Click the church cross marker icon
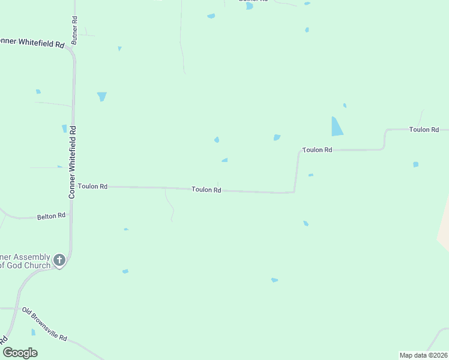[x=59, y=260]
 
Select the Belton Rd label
[x=51, y=215]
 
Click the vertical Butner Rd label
[x=75, y=28]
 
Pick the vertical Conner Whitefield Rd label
[x=72, y=162]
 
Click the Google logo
[x=20, y=352]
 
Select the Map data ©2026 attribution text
[x=423, y=355]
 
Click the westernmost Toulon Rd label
[x=92, y=187]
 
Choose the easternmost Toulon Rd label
[x=424, y=130]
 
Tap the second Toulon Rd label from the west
[x=206, y=190]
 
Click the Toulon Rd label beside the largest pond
[x=317, y=150]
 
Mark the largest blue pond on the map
[x=337, y=126]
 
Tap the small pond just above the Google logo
[x=33, y=332]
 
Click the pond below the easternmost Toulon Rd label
[x=415, y=164]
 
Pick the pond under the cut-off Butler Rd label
[x=250, y=6]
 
